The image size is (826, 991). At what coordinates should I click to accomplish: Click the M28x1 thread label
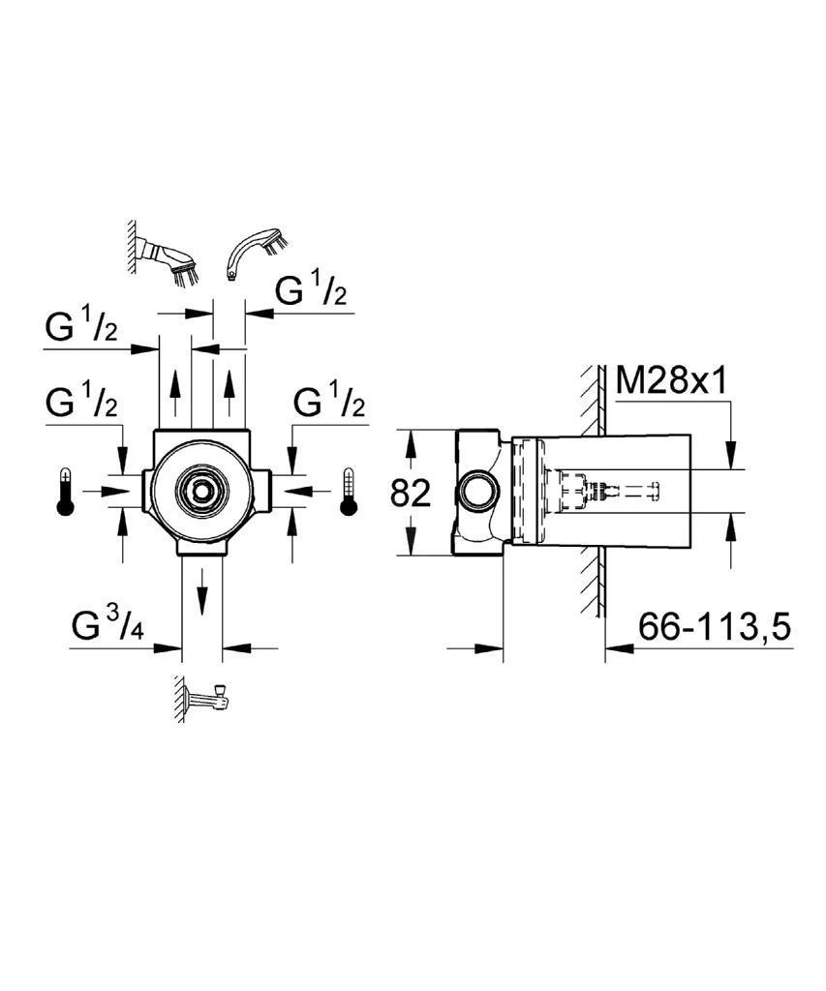coord(673,380)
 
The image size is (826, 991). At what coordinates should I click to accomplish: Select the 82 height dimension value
coord(410,494)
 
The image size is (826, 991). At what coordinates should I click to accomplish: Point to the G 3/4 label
coord(107,627)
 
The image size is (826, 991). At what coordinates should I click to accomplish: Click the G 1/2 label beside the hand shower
coord(312,289)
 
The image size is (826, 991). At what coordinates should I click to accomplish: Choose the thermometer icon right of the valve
coord(349,492)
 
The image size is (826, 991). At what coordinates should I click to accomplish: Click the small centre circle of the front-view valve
coord(202,492)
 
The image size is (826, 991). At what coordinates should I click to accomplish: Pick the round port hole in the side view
coord(476,494)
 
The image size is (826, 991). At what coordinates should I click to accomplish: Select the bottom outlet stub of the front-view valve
coord(202,548)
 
